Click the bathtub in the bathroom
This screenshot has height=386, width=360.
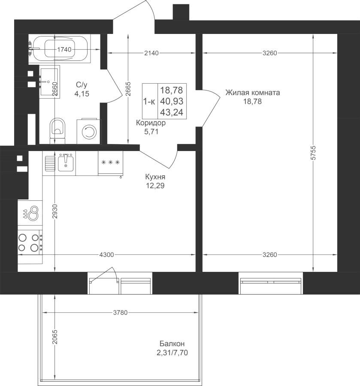(x=61, y=48)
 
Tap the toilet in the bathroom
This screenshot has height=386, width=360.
(x=57, y=131)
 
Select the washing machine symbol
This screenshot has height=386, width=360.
(x=89, y=132)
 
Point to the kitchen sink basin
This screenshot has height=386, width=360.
(x=66, y=163)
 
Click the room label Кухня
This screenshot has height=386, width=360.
(x=155, y=177)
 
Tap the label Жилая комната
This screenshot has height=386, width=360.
(x=253, y=93)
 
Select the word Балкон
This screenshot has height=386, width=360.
(x=172, y=344)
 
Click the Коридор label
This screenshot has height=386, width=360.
(x=151, y=123)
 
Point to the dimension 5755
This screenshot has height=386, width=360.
(x=313, y=153)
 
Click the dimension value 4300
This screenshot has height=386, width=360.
(x=106, y=255)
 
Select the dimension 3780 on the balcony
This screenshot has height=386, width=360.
(x=121, y=313)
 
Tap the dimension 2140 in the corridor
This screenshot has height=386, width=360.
(x=151, y=53)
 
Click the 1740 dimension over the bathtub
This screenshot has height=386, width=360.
(x=64, y=50)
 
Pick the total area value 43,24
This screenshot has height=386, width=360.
(x=172, y=112)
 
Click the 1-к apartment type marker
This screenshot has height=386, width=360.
(x=149, y=101)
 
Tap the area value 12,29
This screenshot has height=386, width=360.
(x=155, y=186)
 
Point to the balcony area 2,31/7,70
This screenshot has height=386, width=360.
(x=172, y=353)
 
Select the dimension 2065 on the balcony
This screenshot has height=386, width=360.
(x=54, y=337)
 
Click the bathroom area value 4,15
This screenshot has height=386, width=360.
(x=82, y=94)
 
